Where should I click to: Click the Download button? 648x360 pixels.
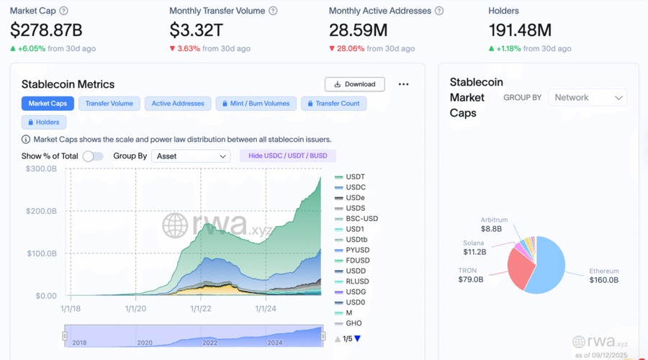354,84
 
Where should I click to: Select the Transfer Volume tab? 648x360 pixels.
109,104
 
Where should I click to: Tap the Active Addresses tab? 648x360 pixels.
178,104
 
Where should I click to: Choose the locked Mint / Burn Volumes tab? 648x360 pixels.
256,104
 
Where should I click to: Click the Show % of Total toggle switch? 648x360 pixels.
92,156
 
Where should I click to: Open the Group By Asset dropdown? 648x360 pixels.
190,156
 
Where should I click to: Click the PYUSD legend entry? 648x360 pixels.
358,250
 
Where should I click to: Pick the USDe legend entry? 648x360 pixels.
355,197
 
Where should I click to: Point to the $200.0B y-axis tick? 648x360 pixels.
41,211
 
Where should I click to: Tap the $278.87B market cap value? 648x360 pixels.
46,30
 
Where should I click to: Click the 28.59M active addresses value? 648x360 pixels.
359,30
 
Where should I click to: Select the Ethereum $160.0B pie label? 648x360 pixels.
603,276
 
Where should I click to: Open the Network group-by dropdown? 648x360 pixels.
588,98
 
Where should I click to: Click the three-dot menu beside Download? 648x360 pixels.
403,84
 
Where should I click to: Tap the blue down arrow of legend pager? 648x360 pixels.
357,339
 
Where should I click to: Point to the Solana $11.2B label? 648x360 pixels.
474,248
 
